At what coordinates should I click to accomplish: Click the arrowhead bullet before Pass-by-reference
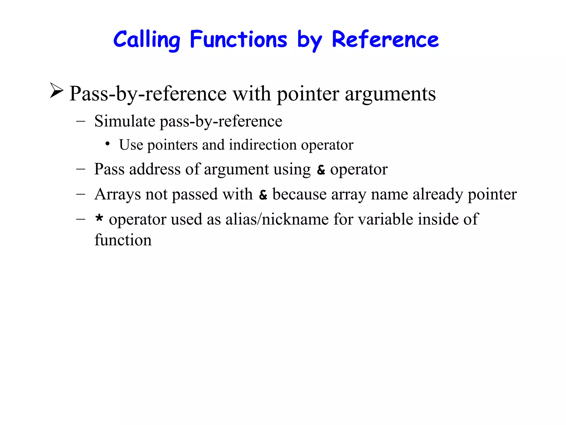coord(57,90)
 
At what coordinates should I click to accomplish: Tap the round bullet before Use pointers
coord(108,144)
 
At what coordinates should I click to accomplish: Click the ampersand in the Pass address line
coord(321,170)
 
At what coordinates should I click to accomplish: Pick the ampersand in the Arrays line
coord(263,195)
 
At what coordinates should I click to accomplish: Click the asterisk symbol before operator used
coord(99,219)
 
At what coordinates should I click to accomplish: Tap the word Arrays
coord(117,194)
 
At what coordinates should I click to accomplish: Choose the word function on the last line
coord(123,240)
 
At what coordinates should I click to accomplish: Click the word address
coord(155,169)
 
